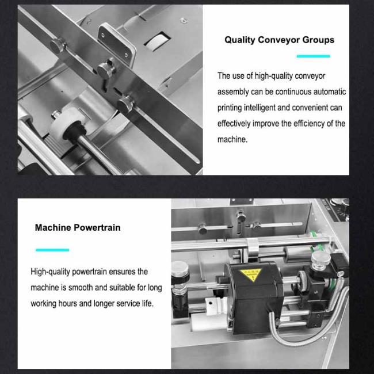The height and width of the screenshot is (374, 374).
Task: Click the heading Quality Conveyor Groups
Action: point(279,40)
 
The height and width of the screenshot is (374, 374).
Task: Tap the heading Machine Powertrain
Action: point(78,227)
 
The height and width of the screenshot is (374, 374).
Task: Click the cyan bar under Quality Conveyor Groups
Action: point(314,56)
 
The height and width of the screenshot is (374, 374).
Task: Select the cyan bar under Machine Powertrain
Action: point(52,250)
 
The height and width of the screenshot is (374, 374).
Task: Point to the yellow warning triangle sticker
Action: point(251,274)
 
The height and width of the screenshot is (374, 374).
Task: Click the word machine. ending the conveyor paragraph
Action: point(232,140)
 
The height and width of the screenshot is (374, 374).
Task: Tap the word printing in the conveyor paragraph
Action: point(230,108)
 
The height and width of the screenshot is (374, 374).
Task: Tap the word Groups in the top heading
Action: point(318,40)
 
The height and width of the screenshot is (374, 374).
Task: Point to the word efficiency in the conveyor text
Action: point(308,124)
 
